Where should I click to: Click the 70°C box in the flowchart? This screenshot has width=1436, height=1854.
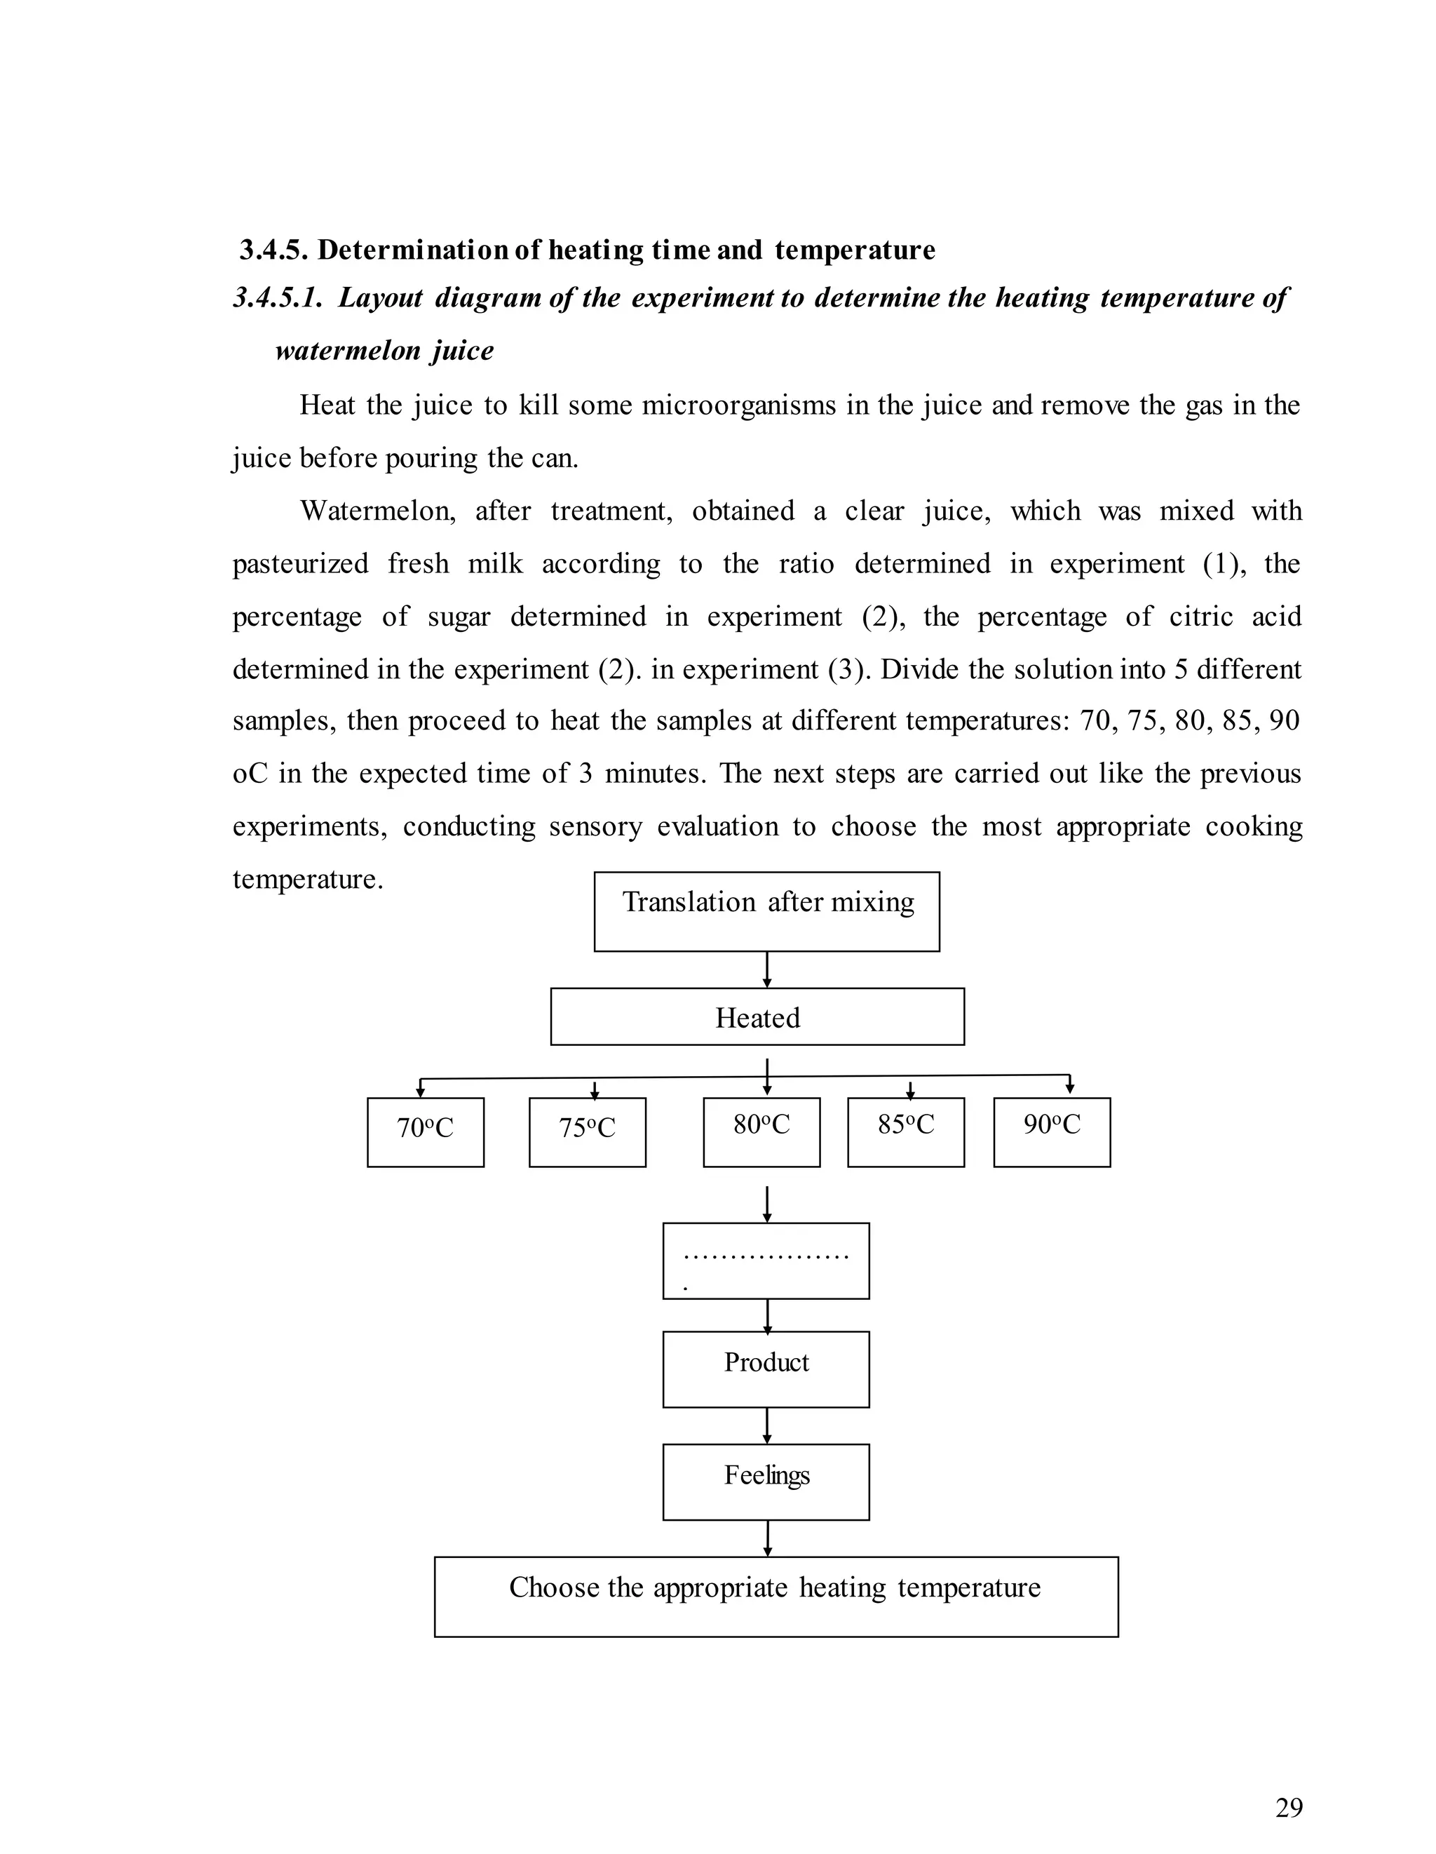[x=425, y=1131]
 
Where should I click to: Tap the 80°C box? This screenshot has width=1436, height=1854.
[x=761, y=1131]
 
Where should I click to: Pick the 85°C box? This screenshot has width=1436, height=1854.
[x=905, y=1131]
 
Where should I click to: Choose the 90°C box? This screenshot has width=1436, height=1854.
[x=1052, y=1131]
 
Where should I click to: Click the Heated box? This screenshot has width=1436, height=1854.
[x=757, y=1016]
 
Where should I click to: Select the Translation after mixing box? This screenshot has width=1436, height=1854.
[x=766, y=911]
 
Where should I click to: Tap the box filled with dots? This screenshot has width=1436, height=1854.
[x=766, y=1261]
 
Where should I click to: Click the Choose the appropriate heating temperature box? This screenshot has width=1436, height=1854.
[x=775, y=1596]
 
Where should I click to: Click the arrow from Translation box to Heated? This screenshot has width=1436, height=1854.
[x=767, y=969]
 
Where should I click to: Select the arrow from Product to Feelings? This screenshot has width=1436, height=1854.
[x=767, y=1425]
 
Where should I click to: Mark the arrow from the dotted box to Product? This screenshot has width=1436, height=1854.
[x=767, y=1315]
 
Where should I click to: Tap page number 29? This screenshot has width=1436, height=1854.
[x=1288, y=1808]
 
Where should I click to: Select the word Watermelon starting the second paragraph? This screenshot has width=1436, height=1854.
[x=378, y=511]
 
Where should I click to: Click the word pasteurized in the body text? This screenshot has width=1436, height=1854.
[x=300, y=564]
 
